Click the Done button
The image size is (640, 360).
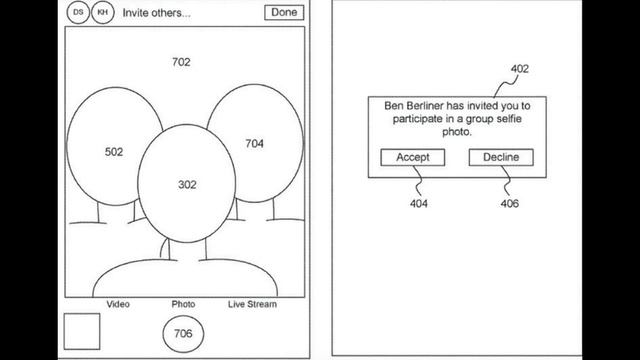pos(284,12)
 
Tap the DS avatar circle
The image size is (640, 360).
pos(78,12)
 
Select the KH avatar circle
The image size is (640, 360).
pos(103,12)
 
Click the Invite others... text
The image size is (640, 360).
pos(157,13)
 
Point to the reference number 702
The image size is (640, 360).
pos(181,62)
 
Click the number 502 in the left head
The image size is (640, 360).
pos(114,152)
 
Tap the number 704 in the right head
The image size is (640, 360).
pos(254,144)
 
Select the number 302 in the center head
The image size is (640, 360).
pos(187,185)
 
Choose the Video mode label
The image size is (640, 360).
pos(118,304)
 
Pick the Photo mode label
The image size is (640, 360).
pos(183,304)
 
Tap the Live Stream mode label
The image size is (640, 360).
pos(252,304)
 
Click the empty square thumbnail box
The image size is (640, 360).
pos(82,331)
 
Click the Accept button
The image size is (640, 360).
pos(413,157)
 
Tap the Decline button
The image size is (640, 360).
pos(501,157)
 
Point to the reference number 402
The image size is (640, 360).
pos(520,69)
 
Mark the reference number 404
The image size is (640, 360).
pos(419,203)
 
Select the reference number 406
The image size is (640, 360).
pos(510,203)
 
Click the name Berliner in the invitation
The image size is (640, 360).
pos(425,106)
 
